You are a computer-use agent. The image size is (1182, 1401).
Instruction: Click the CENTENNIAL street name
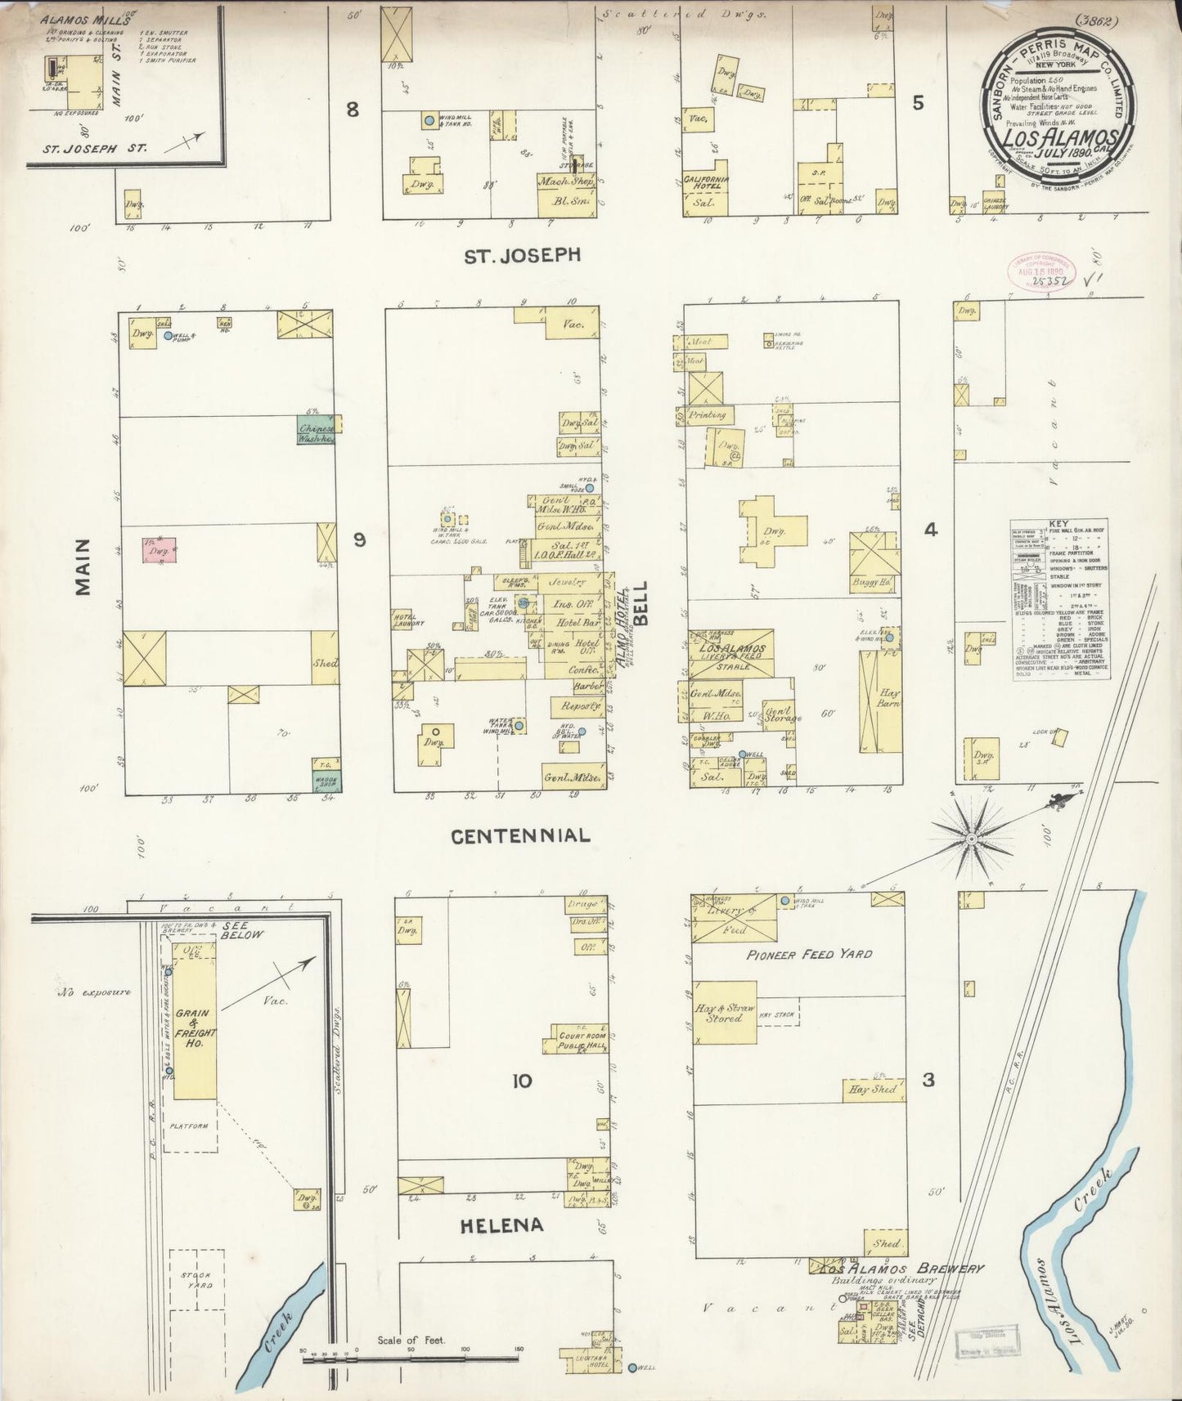520,835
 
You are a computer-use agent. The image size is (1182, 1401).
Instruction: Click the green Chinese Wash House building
317,430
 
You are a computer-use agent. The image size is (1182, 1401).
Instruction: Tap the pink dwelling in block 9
160,550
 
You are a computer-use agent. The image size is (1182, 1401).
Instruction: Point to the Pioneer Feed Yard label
810,954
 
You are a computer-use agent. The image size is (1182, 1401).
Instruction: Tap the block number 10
521,1081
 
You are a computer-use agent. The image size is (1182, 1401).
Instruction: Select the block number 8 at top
352,109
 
